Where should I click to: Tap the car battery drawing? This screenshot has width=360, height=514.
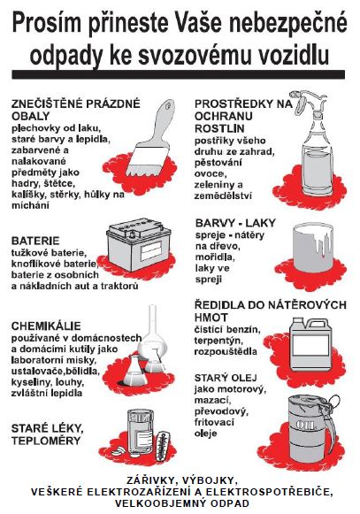pyautogui.click(x=138, y=243)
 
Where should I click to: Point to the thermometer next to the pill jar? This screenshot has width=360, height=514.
pyautogui.click(x=163, y=446)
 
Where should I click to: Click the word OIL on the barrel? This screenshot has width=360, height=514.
pyautogui.click(x=305, y=426)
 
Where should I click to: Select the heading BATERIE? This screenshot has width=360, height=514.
pyautogui.click(x=35, y=241)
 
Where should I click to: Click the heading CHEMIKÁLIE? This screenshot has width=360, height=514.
pyautogui.click(x=46, y=326)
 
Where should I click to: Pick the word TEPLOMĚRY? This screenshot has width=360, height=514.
pyautogui.click(x=46, y=441)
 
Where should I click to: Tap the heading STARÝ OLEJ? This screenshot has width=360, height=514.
pyautogui.click(x=226, y=378)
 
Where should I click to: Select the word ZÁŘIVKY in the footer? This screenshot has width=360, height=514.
pyautogui.click(x=149, y=480)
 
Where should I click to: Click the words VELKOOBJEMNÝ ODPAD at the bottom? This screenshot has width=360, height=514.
pyautogui.click(x=182, y=502)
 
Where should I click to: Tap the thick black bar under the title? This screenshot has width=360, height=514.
pyautogui.click(x=179, y=74)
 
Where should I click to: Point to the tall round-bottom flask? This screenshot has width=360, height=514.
pyautogui.click(x=152, y=334)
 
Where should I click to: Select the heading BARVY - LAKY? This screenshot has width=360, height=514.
pyautogui.click(x=235, y=223)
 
